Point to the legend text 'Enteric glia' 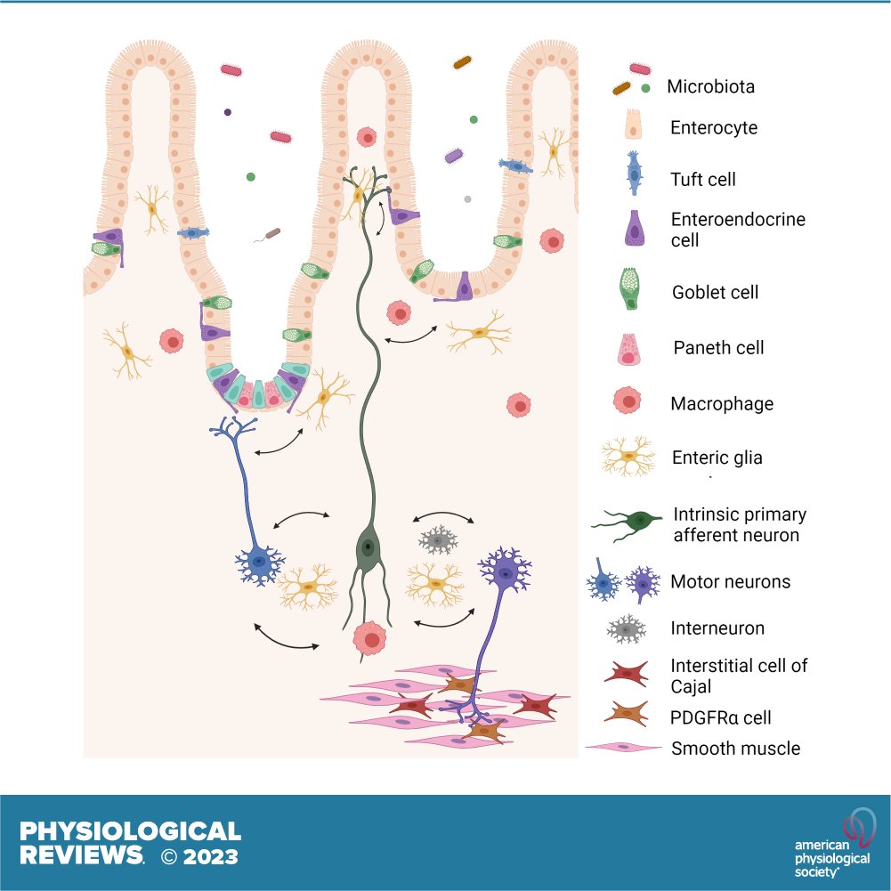tap(717, 458)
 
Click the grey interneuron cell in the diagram tap(438, 539)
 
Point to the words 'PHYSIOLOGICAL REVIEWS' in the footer tap(130, 843)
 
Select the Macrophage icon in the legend tap(631, 402)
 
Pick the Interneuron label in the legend tap(717, 628)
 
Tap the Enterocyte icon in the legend tap(634, 126)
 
